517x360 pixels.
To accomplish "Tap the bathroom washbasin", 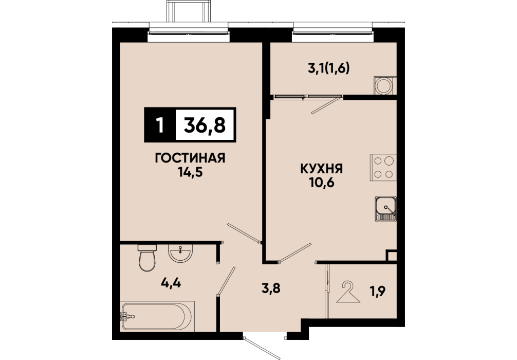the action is [x=180, y=253].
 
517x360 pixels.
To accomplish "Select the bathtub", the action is [x=157, y=316].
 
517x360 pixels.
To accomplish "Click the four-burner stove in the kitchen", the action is [x=383, y=167].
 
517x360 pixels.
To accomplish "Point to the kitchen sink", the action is [x=385, y=208].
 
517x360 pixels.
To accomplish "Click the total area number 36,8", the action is [x=205, y=125].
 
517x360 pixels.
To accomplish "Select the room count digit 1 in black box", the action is [x=160, y=125].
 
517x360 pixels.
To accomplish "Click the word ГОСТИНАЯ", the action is [x=190, y=158].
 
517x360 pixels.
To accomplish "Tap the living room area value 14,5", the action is [x=190, y=172].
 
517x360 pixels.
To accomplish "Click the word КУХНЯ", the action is [x=322, y=169].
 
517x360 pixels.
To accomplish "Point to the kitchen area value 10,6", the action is [x=322, y=183].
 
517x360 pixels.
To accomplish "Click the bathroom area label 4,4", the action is [x=171, y=283].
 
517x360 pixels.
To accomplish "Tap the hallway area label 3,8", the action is [x=271, y=289].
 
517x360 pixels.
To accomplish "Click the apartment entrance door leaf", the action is [x=262, y=348].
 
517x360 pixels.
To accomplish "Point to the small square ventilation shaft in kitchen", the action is [x=392, y=256].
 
